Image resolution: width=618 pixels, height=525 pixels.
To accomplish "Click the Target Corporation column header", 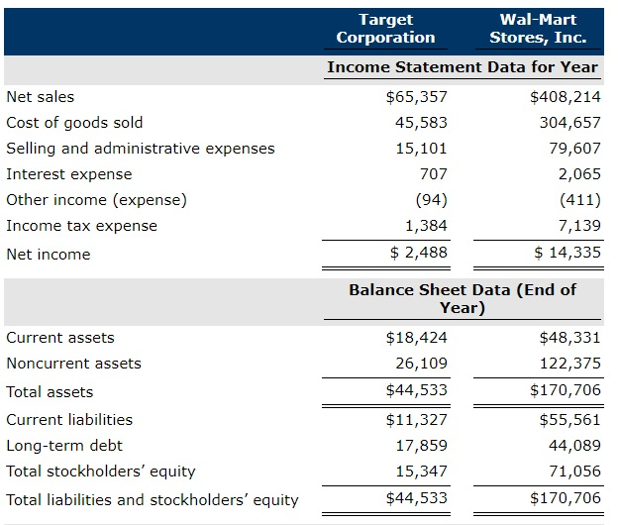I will pos(385,29).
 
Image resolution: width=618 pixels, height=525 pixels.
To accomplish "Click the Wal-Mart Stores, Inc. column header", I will pos(538,29).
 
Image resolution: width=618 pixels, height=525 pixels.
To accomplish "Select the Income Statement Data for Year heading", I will pos(463,67).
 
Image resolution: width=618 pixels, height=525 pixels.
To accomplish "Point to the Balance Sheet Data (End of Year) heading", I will pos(463,298).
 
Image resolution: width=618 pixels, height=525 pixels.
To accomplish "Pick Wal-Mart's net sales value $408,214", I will pos(566,97).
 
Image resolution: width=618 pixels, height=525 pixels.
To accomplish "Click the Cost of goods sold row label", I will pos(74,123).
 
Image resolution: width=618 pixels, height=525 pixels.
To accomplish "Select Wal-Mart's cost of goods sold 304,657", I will pos(569,123).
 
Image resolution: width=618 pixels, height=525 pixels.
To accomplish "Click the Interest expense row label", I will pos(68,174).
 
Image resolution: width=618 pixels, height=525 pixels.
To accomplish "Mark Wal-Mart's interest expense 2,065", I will pos(579,174).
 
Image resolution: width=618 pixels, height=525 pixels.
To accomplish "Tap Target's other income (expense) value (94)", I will pos(429,199).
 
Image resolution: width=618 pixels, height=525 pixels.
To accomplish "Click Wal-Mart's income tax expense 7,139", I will pos(579,225).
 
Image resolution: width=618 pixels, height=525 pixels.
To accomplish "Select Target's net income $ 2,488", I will pos(419,253).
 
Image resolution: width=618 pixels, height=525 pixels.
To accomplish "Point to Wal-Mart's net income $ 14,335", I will pos(567,253).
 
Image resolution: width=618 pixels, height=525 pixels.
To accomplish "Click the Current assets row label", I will pos(60,338).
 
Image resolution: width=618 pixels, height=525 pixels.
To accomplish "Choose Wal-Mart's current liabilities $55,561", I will pos(569,419).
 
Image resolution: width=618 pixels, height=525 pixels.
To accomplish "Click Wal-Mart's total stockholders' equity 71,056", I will pos(574,472).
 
